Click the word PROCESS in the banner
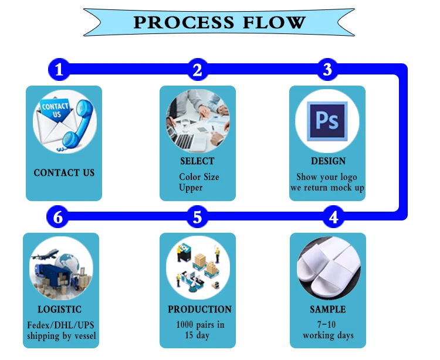tap(184, 22)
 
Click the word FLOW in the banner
tap(274, 22)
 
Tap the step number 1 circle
tap(59, 69)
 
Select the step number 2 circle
tap(198, 69)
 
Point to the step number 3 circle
tap(327, 69)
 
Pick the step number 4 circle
tap(333, 217)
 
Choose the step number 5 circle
tap(198, 217)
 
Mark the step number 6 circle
tap(58, 217)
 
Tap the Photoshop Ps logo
tap(327, 121)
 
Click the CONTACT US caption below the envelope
tap(64, 173)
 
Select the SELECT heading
tap(197, 161)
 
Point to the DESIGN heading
tap(328, 161)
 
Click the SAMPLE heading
tap(328, 309)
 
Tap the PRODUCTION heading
tap(199, 309)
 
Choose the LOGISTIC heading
tap(59, 309)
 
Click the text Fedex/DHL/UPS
tap(60, 325)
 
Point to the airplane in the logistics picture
tap(45, 254)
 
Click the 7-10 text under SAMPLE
tap(326, 325)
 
